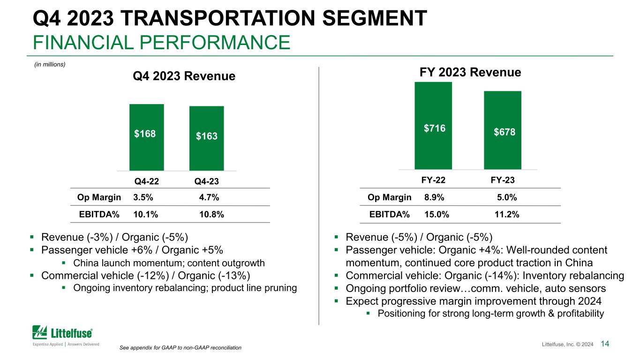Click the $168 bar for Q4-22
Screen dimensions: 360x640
[146, 137]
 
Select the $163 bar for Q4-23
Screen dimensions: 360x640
[206, 138]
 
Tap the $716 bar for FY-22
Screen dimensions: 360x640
[433, 126]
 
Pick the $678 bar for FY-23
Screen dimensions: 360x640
[502, 130]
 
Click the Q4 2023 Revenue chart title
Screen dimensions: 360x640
[184, 76]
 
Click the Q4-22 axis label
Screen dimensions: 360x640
[146, 181]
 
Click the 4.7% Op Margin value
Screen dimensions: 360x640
[209, 197]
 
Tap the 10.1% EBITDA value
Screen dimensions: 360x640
[146, 215]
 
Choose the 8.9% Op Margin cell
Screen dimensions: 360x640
[434, 197]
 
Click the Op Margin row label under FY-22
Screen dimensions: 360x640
[390, 197]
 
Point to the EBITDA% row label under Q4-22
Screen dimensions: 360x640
[99, 215]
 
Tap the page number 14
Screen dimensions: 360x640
[604, 345]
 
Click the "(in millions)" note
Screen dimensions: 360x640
[50, 65]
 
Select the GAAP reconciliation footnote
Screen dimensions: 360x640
[181, 348]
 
